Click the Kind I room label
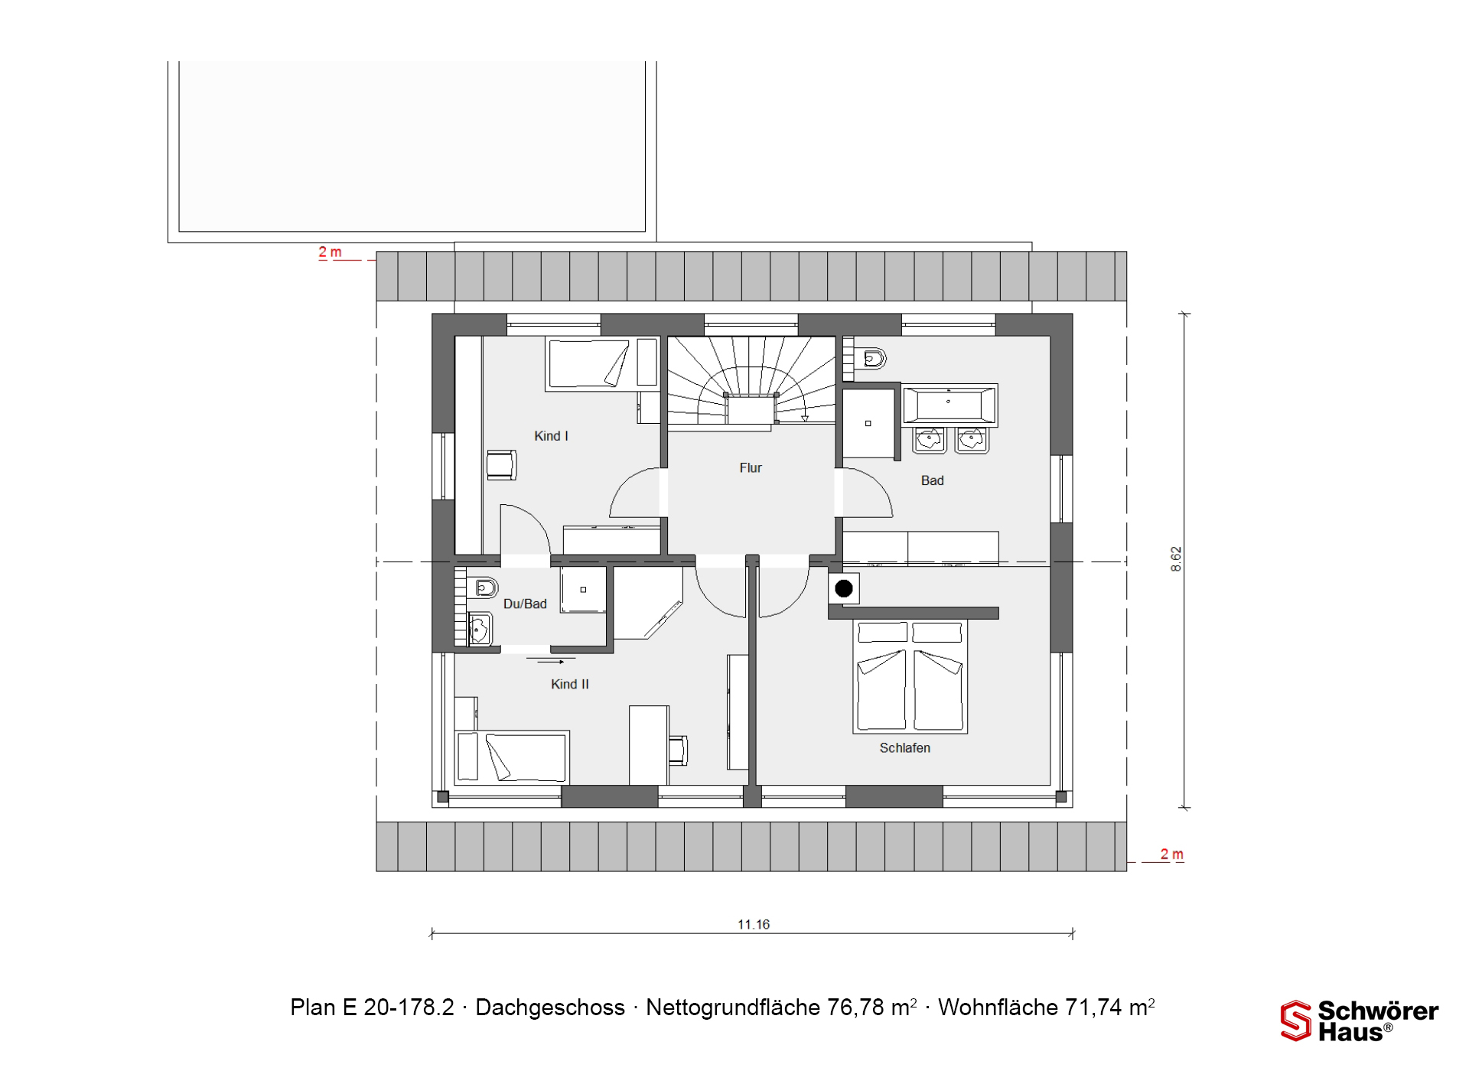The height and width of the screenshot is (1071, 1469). coord(551,436)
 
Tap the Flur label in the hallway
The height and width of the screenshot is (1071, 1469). coord(751,468)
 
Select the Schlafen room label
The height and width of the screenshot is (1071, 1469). coord(905,748)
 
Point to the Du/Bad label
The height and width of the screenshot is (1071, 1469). coord(525,604)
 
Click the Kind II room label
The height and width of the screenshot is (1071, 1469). coord(570,685)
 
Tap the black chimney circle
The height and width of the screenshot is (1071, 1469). coord(844,588)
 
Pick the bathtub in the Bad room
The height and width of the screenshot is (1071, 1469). coord(949,405)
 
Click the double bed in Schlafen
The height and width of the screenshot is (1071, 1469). coord(910,676)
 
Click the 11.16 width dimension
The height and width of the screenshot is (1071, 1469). coord(754,924)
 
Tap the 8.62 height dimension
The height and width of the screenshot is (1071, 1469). coord(1176,559)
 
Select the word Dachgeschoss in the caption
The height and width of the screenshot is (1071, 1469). coord(550,1008)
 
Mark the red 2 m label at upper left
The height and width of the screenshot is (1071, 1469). coord(330,252)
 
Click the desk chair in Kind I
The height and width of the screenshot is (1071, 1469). coord(502,464)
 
